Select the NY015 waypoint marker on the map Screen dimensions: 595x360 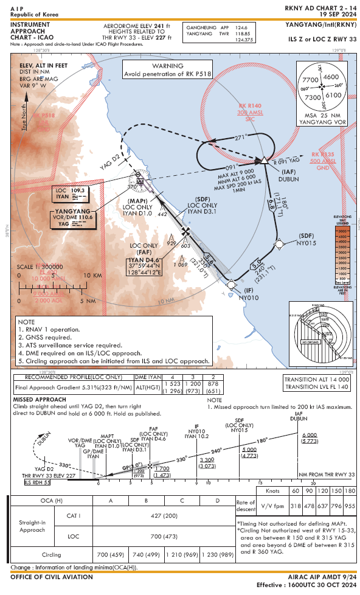tap(279, 245)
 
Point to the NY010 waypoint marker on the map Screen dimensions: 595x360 tap(231, 283)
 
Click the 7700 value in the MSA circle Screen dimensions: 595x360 tap(311, 80)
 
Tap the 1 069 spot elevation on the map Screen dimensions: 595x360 tap(180, 264)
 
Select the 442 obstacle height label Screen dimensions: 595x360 tap(162, 214)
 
